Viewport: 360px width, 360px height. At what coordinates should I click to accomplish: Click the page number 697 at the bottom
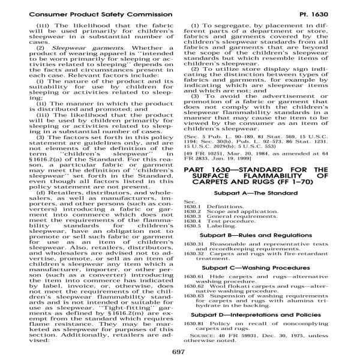[180, 352]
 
